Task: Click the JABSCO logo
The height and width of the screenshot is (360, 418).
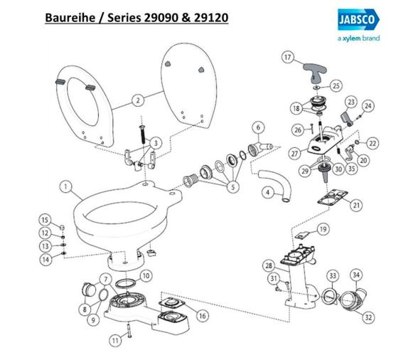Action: (358, 19)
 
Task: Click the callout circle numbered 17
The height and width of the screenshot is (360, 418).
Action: (287, 58)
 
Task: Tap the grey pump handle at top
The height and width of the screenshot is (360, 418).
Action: (315, 72)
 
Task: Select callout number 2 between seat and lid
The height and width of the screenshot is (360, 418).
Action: (138, 100)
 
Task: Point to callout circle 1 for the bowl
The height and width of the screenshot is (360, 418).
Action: (65, 187)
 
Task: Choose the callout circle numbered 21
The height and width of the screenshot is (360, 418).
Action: (356, 205)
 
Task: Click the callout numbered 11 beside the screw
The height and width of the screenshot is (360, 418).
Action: (115, 341)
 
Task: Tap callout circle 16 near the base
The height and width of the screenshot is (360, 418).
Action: (203, 316)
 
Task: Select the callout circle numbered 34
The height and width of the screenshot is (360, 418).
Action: (356, 275)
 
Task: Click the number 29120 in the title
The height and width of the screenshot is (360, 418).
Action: (211, 18)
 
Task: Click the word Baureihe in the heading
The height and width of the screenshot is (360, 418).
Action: (70, 18)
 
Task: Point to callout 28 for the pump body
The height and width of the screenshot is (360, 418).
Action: (269, 265)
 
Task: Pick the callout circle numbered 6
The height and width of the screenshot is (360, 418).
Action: (258, 127)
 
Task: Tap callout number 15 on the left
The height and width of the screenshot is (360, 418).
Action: (45, 220)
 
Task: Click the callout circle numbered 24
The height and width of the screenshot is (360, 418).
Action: (368, 106)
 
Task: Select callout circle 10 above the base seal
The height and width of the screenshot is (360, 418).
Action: (146, 275)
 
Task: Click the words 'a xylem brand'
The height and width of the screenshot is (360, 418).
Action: (358, 38)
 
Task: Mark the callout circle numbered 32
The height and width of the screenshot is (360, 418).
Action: (368, 317)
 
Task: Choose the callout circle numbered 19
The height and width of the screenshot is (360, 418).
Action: (323, 229)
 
